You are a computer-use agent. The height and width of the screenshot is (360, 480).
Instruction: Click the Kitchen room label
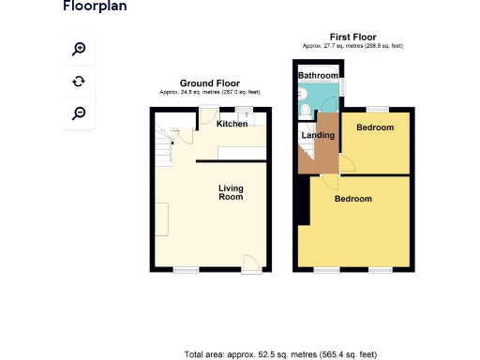click(x=232, y=124)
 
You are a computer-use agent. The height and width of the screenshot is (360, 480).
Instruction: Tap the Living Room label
click(x=231, y=193)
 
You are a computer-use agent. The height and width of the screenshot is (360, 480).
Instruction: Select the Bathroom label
click(x=318, y=75)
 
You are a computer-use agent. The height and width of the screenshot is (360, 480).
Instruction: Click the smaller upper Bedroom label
click(x=375, y=127)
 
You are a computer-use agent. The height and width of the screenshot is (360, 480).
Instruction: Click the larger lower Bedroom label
click(x=353, y=199)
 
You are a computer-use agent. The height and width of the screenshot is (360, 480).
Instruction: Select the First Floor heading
click(x=352, y=37)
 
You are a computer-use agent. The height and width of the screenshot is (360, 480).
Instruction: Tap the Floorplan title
click(x=95, y=7)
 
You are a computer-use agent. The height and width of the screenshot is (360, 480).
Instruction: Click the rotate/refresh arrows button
click(x=79, y=82)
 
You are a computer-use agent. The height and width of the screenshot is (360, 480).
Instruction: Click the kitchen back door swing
click(x=206, y=116)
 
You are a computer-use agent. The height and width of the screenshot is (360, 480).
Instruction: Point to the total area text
click(x=280, y=354)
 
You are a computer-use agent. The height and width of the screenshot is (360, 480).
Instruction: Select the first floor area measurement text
click(x=352, y=45)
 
